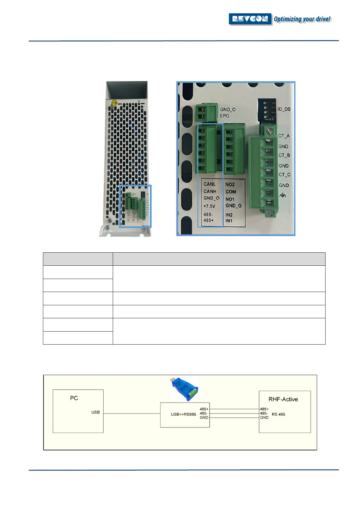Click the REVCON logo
[250, 19]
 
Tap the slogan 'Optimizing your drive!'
[302, 19]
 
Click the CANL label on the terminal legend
[209, 184]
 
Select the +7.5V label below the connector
[209, 206]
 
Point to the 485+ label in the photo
[209, 220]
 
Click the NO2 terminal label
[230, 184]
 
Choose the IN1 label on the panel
[229, 221]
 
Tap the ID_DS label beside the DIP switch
[284, 109]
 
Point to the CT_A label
[284, 136]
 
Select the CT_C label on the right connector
[284, 175]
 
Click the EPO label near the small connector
[225, 116]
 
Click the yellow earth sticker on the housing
[114, 103]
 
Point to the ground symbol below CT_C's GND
[283, 195]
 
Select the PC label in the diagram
[74, 398]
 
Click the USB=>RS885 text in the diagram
[183, 414]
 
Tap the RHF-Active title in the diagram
[283, 399]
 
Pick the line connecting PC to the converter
[131, 413]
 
